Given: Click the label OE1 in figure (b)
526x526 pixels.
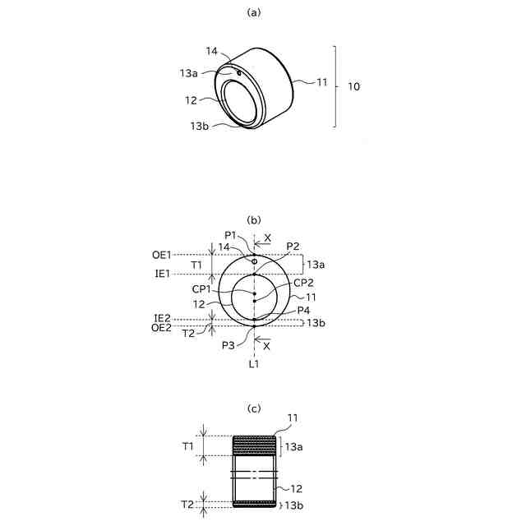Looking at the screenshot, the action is [162, 255].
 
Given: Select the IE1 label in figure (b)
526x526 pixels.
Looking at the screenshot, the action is [163, 274].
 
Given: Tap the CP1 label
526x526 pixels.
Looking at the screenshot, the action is [201, 289].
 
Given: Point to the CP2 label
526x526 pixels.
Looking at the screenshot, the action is [303, 283].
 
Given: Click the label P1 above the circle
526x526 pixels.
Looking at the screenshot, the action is [231, 235].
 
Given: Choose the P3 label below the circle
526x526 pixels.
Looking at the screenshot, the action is [228, 345].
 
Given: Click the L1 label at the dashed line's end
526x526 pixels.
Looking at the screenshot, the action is [254, 364].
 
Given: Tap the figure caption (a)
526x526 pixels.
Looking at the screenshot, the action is [254, 13].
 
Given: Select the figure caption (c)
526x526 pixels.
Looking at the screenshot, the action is [254, 408].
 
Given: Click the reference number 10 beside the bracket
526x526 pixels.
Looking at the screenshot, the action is [353, 86].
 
